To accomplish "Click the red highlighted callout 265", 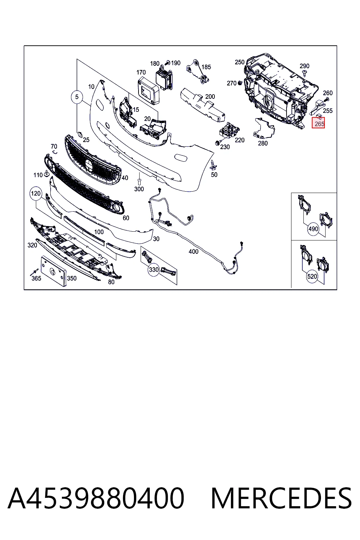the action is coord(318,122).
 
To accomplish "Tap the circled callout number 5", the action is coord(77,97).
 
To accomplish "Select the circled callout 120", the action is coord(36,194).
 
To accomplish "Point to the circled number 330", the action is coord(154,270).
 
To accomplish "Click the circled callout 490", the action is coord(313,229).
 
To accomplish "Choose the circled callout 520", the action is coord(312,276).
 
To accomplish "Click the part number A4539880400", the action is coord(96,499).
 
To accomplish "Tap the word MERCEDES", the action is coord(282,499).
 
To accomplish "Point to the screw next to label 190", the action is coord(168,63).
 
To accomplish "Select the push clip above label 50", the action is coord(213,165).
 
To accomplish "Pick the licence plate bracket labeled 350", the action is coord(53,271).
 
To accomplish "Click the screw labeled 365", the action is coord(34,272).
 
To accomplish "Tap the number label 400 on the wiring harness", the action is coord(193,251).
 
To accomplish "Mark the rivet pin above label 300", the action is coord(139,181).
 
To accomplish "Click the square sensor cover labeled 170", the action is coord(148,90).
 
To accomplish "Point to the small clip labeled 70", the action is coord(55,152).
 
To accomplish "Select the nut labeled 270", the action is coord(240,83).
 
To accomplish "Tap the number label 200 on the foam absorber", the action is coord(210,96).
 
